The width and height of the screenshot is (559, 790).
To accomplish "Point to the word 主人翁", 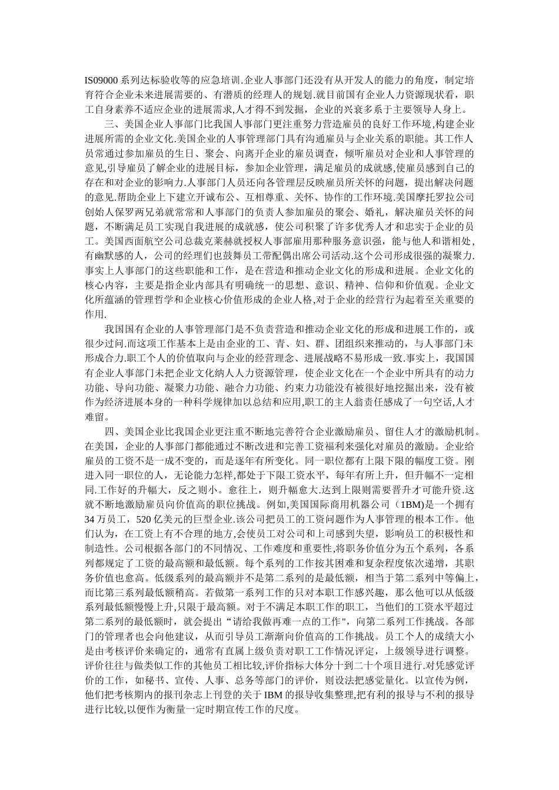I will pyautogui.click(x=368, y=401).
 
